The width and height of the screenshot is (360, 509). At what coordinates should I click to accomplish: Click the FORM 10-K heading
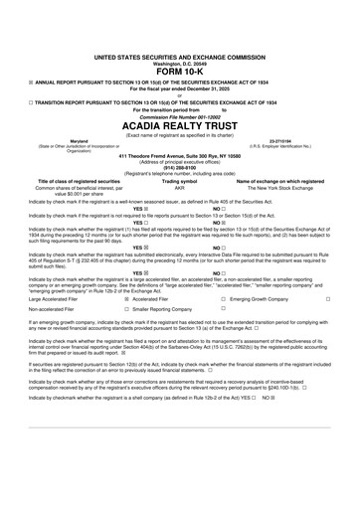(x=180, y=72)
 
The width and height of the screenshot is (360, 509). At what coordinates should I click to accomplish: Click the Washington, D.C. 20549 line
(x=180, y=63)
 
